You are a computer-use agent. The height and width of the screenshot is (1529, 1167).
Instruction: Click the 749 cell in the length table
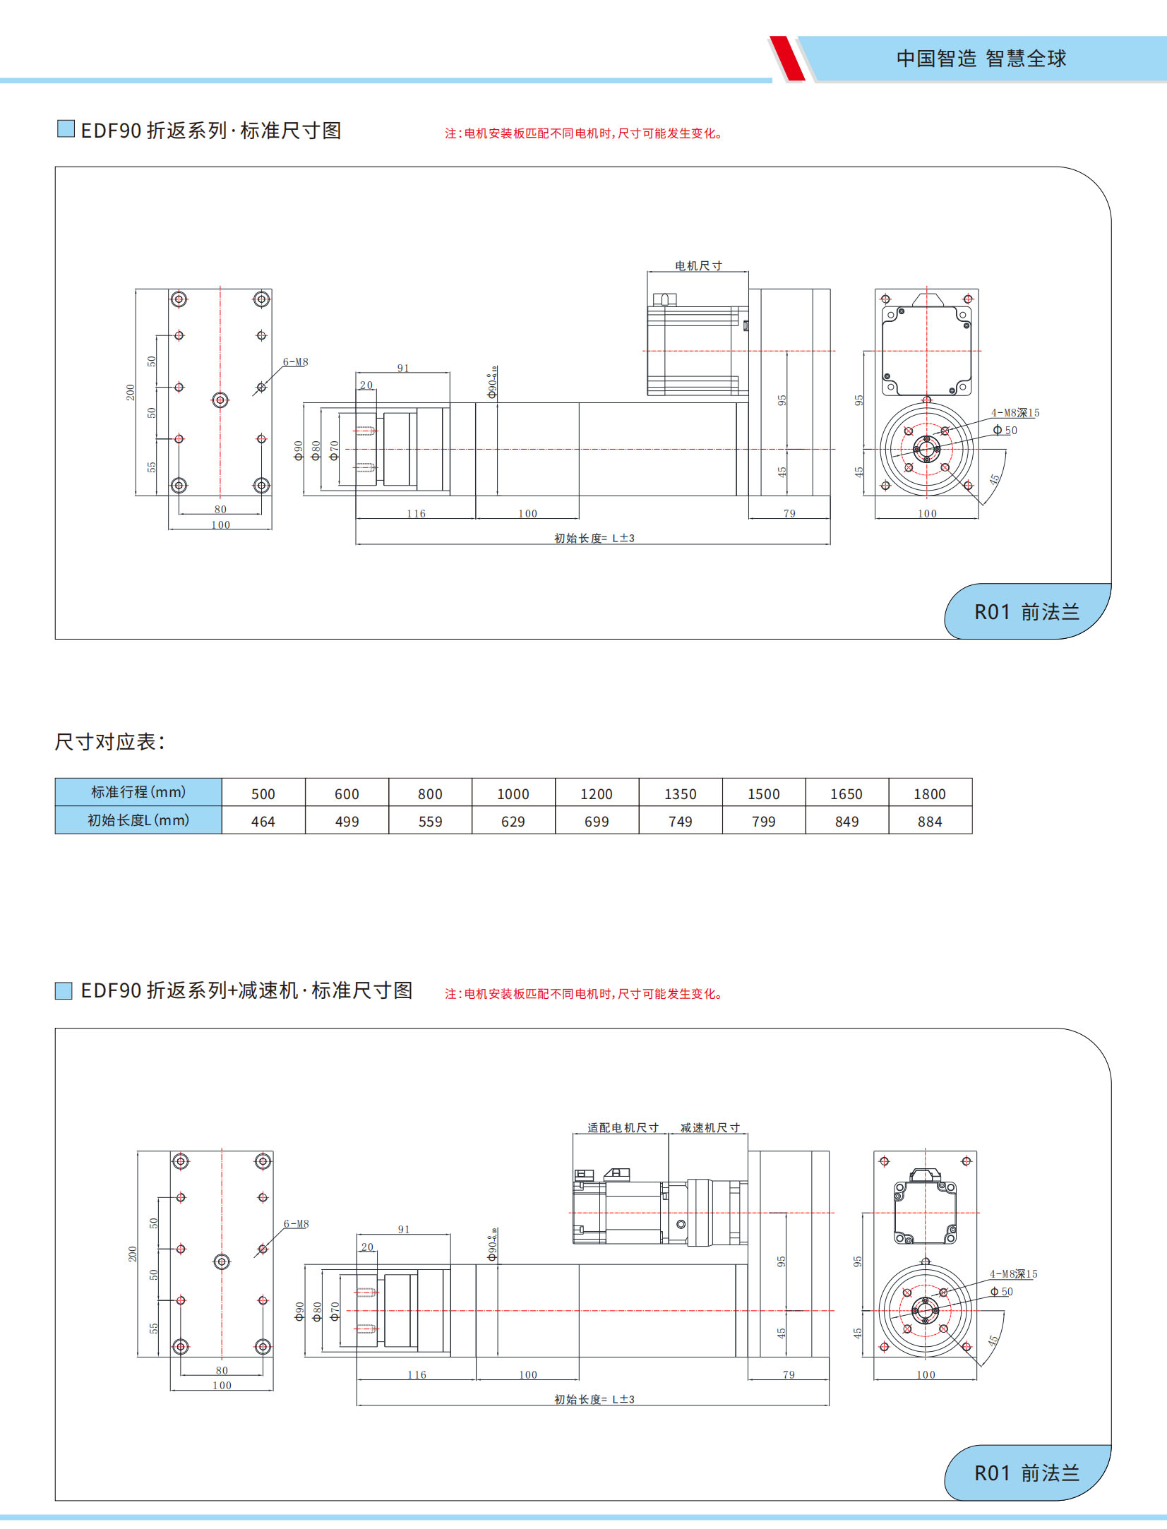(680, 822)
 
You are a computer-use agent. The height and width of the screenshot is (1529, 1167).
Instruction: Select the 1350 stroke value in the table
(680, 794)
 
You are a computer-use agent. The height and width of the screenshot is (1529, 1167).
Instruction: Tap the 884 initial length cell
(930, 822)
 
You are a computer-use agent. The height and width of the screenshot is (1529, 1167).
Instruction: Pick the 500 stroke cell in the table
(263, 794)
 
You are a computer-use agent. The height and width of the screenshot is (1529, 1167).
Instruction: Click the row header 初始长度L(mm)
(138, 820)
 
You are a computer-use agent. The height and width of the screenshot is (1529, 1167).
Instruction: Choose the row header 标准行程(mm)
(138, 792)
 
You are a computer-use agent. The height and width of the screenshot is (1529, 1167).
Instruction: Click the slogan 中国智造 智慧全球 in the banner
(981, 59)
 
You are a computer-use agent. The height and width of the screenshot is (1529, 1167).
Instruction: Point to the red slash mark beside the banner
(788, 59)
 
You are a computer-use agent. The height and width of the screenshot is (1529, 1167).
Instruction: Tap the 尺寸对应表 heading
(110, 742)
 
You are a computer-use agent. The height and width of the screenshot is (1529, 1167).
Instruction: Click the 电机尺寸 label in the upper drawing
(698, 266)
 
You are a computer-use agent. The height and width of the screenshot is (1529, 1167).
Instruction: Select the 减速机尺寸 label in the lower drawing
(710, 1128)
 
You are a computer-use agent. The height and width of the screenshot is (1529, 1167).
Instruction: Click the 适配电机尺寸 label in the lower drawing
(622, 1128)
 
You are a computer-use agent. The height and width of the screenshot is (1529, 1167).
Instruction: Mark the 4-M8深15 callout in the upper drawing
(1015, 413)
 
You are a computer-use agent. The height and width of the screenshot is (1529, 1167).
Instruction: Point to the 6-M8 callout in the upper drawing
(295, 362)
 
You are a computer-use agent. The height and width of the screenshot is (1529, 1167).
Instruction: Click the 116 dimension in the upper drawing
(416, 514)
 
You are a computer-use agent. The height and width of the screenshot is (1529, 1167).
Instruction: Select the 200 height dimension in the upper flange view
(131, 392)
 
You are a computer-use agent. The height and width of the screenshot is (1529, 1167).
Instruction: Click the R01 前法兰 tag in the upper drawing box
(1027, 612)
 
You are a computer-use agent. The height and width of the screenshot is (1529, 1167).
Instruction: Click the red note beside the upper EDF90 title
(583, 133)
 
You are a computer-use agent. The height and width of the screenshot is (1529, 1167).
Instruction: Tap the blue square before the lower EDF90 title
(64, 991)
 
